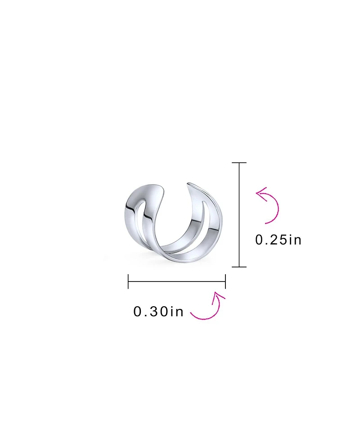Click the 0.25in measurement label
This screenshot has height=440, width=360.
coord(278,240)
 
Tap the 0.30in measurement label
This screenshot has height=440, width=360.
coord(158,312)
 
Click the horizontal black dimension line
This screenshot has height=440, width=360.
coord(176,282)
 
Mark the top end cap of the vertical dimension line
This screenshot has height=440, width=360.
coord(239,163)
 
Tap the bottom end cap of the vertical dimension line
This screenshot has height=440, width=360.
coord(239,267)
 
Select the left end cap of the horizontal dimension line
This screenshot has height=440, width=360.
coord(128,282)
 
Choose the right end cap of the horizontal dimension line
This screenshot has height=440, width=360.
coord(225,282)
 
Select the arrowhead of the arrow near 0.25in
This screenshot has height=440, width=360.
coord(260,193)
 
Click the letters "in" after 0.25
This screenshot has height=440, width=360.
coord(294,240)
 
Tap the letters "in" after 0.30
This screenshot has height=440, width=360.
coord(176,312)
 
